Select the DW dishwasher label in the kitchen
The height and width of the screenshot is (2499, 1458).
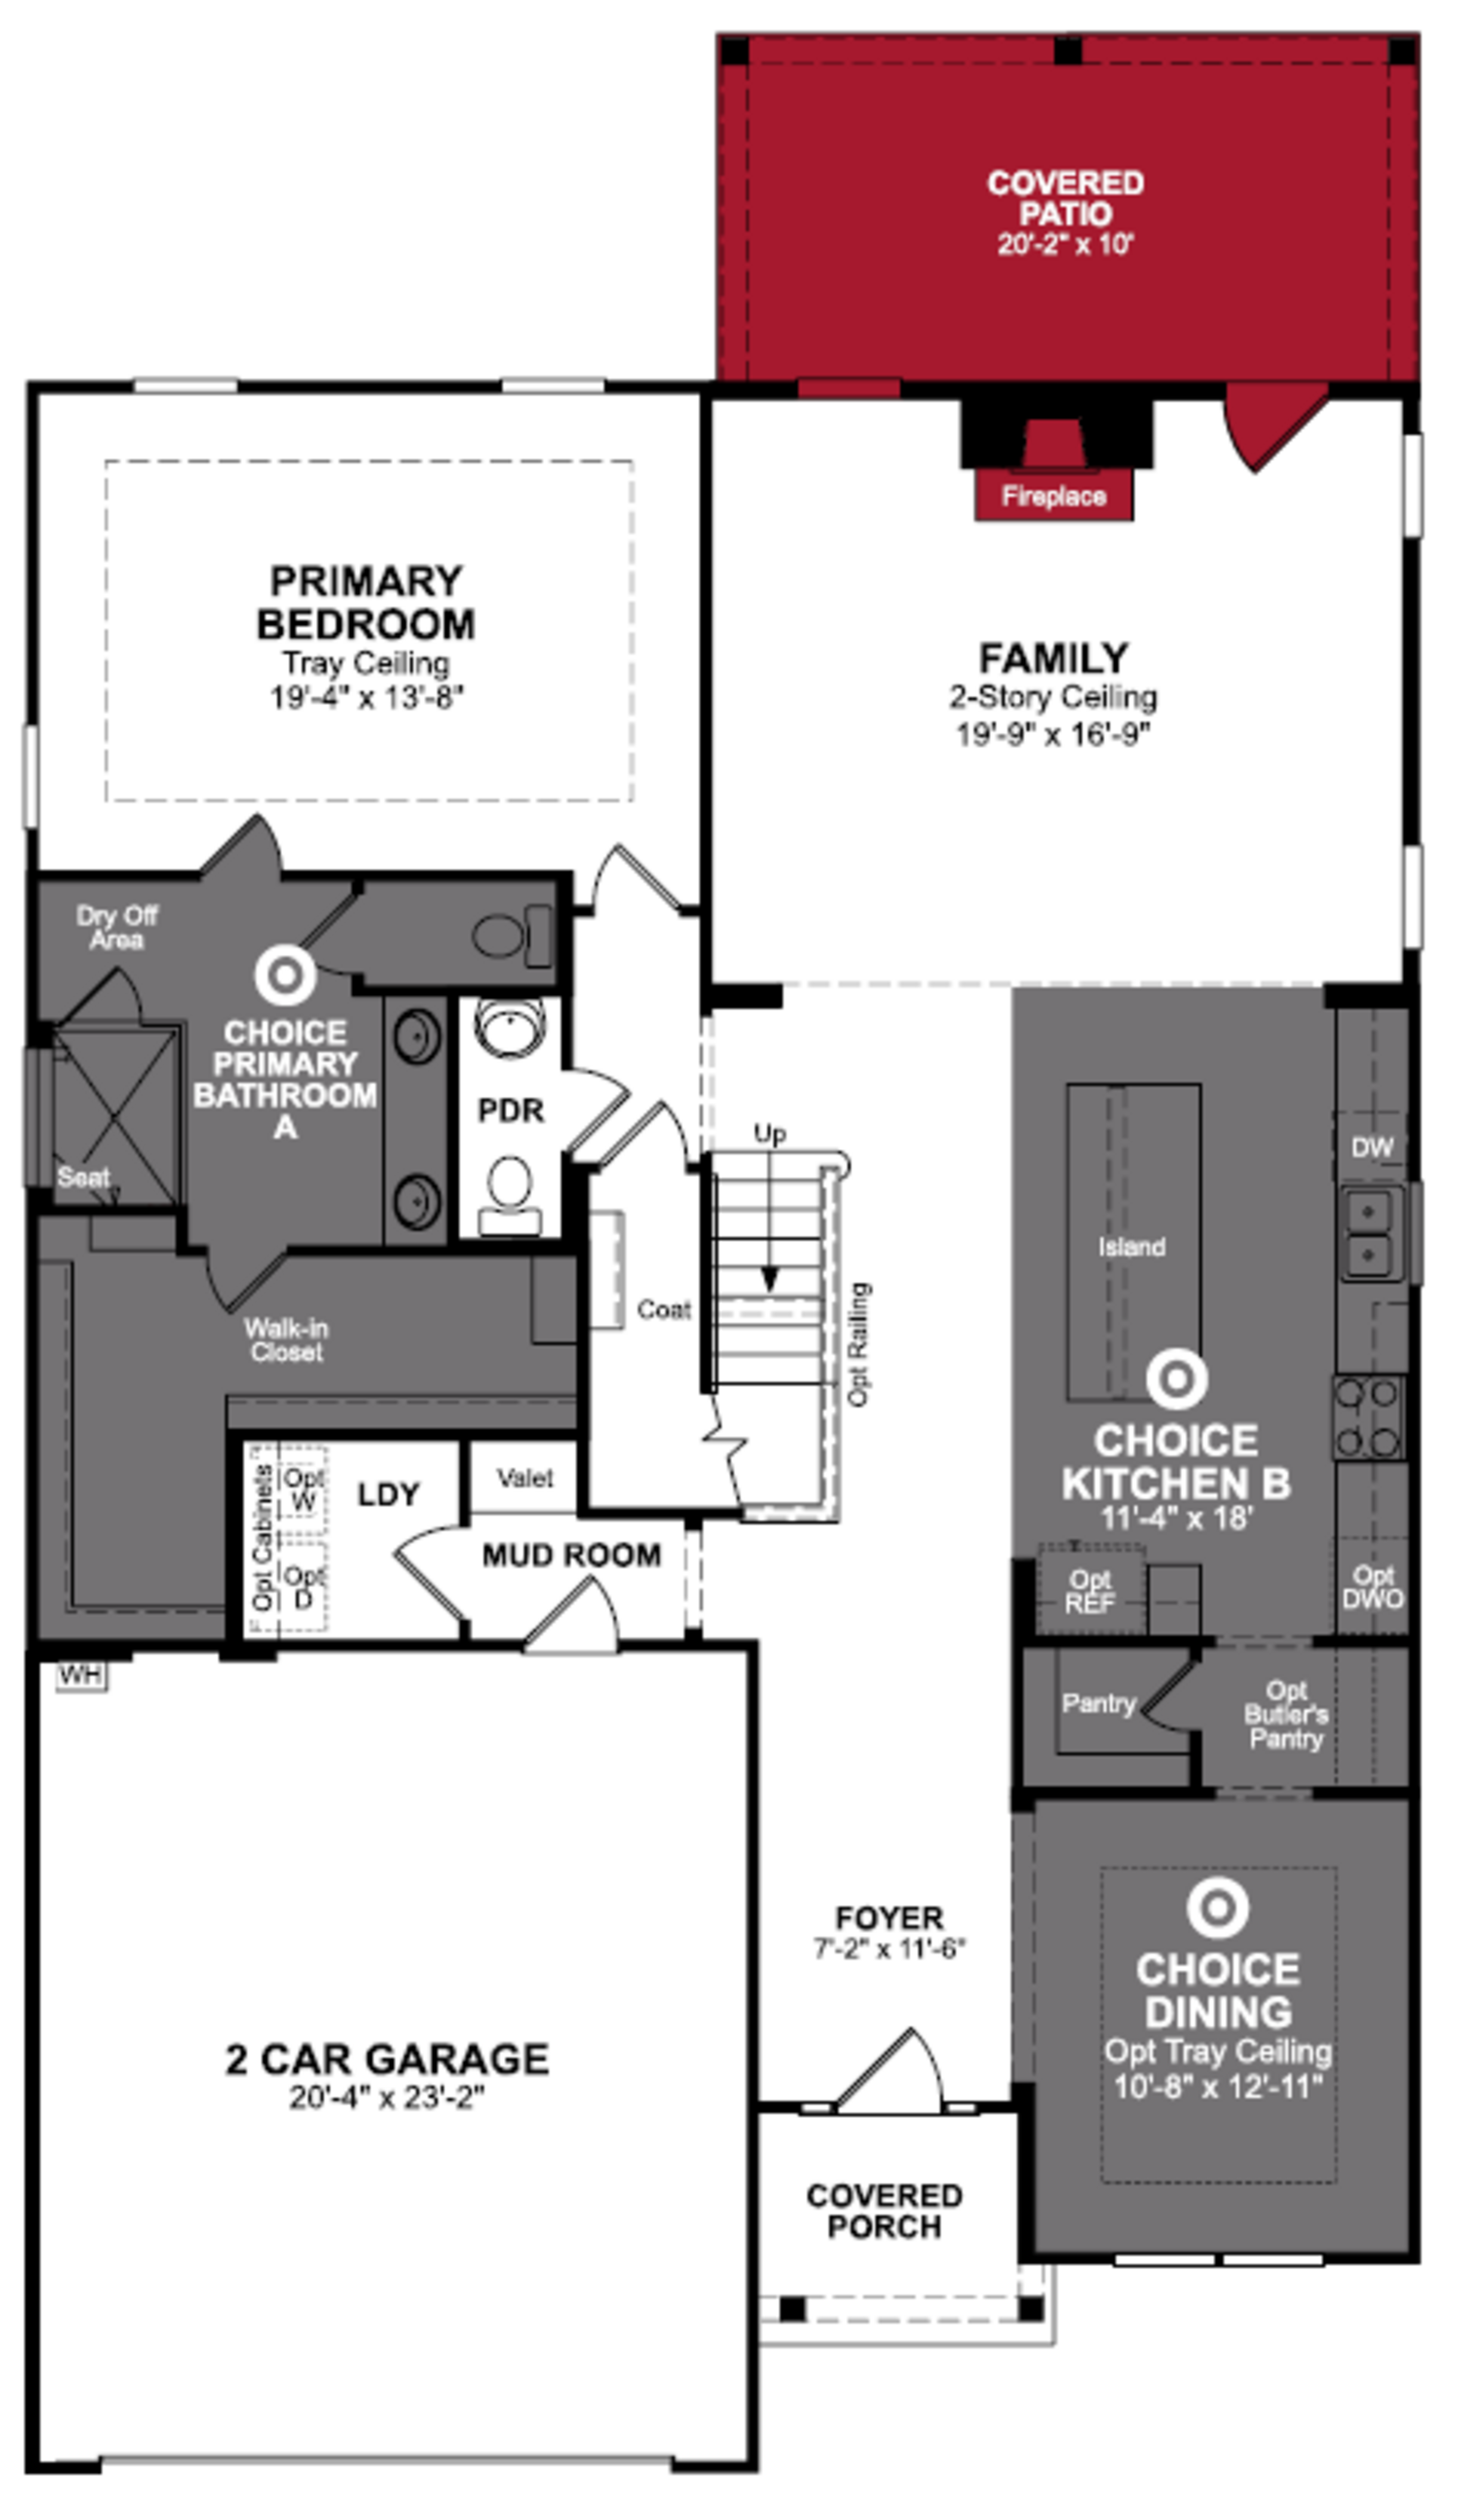click(x=1372, y=1147)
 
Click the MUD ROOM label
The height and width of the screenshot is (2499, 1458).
click(x=571, y=1555)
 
